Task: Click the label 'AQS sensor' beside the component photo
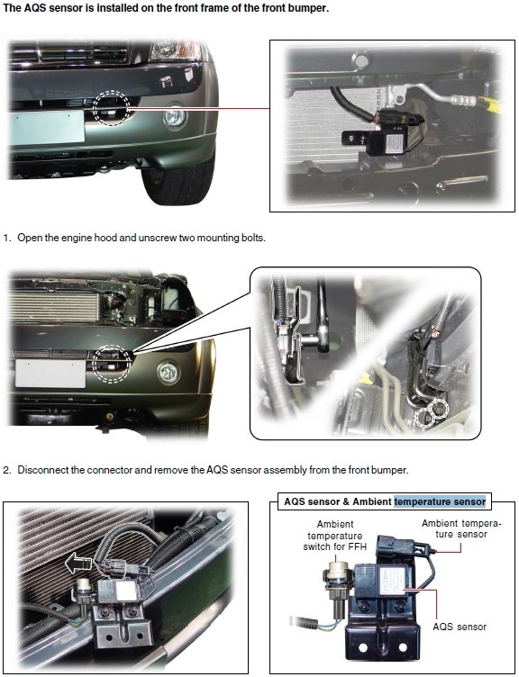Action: (460, 627)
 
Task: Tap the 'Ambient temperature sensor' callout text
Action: (460, 529)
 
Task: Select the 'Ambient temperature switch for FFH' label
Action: (335, 536)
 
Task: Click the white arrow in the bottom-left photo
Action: (78, 564)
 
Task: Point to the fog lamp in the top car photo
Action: (175, 116)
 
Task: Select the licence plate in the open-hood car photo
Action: (50, 373)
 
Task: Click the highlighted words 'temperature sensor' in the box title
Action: (440, 501)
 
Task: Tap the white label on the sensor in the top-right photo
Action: (394, 142)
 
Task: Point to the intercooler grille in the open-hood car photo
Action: (54, 307)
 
